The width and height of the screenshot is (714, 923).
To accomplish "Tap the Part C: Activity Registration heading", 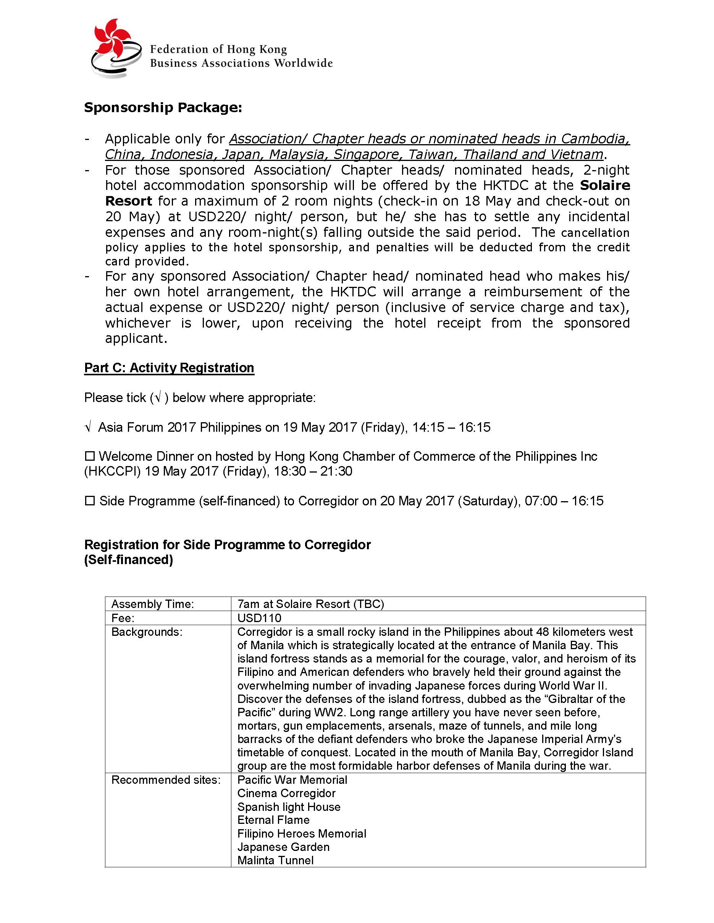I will [x=169, y=368].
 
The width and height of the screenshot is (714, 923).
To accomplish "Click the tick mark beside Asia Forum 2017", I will [x=88, y=428].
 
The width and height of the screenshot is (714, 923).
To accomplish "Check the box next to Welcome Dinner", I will [x=90, y=457].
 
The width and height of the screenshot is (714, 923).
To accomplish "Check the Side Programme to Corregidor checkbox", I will [x=90, y=501].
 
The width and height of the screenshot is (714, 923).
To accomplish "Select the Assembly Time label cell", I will [x=153, y=604].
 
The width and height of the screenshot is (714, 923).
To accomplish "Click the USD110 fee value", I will [x=259, y=618].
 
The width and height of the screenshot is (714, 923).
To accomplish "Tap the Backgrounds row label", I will [x=147, y=632].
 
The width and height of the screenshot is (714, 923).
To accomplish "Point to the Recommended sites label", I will [x=166, y=780].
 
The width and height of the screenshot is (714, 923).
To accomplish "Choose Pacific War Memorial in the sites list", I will [x=292, y=780].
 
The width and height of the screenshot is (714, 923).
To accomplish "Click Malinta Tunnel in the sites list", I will [x=275, y=860].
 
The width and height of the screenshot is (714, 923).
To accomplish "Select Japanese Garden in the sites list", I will [x=283, y=847].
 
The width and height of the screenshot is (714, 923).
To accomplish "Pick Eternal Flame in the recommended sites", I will [x=273, y=820].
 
